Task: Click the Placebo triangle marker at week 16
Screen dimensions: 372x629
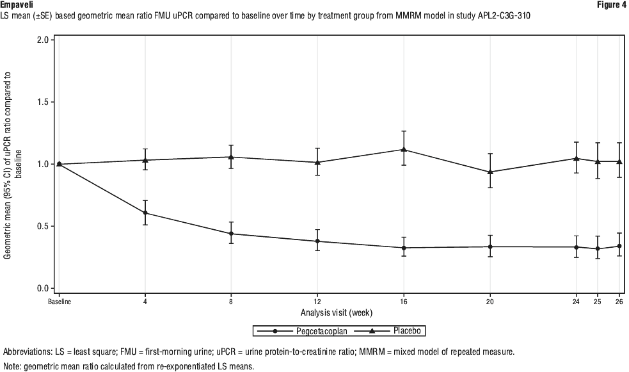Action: coord(403,149)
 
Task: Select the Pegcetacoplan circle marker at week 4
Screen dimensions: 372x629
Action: coord(145,213)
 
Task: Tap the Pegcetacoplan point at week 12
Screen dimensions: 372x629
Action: coord(317,241)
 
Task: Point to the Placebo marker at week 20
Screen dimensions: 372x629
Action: coord(490,172)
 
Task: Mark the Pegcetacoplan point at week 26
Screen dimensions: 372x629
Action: coord(619,246)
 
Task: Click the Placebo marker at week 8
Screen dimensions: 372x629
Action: coord(232,157)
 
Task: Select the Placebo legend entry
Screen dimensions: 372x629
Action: coord(394,330)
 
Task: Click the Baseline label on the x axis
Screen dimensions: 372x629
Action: coord(60,302)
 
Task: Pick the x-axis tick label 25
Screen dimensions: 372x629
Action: coord(598,302)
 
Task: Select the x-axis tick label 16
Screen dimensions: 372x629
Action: coord(403,302)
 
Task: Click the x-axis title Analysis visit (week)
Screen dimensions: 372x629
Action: coord(336,312)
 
